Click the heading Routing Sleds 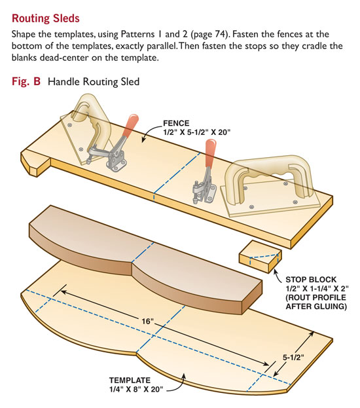(x=46, y=18)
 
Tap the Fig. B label (x=26, y=81)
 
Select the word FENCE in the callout (x=176, y=123)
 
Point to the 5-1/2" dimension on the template (x=293, y=358)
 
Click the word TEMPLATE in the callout (x=130, y=380)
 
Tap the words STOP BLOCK (x=311, y=280)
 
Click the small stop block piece (x=260, y=257)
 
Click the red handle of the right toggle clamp (x=210, y=153)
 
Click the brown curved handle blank (x=146, y=259)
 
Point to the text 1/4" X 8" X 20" (x=135, y=389)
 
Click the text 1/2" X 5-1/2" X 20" (x=196, y=132)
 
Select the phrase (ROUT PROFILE (x=315, y=297)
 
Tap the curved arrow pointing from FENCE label (x=150, y=132)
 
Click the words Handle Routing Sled (x=94, y=82)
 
